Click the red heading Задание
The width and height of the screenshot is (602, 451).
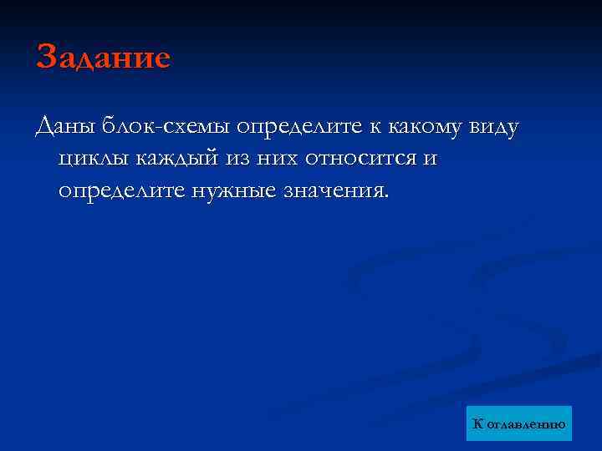coord(103,58)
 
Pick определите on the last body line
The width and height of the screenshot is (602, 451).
coord(122,190)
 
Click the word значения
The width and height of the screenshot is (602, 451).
coord(334,190)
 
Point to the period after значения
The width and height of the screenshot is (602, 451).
coord(385,197)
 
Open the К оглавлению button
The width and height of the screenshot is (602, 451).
coord(519,424)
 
